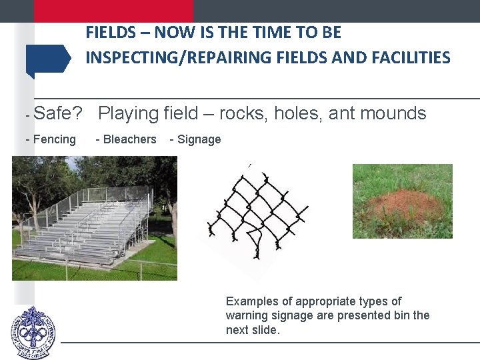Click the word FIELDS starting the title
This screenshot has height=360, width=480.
[x=111, y=32]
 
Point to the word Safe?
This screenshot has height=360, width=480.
[x=58, y=113]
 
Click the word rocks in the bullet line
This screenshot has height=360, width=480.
[x=242, y=113]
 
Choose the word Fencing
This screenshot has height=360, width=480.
[x=55, y=139]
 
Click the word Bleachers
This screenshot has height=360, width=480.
[x=130, y=139]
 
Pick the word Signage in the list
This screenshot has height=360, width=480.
[x=199, y=139]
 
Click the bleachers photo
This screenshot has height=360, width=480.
[x=95, y=218]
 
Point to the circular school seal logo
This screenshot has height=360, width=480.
[x=33, y=333]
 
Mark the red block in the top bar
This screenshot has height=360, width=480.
[x=113, y=11]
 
